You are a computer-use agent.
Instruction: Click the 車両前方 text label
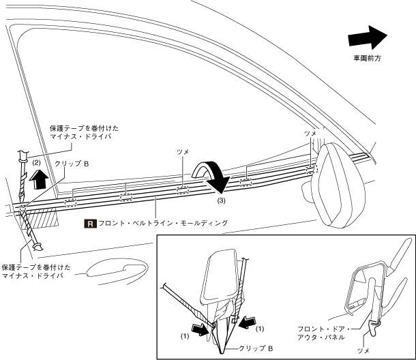tap(367, 59)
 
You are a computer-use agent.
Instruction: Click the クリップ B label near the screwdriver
tap(74, 164)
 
